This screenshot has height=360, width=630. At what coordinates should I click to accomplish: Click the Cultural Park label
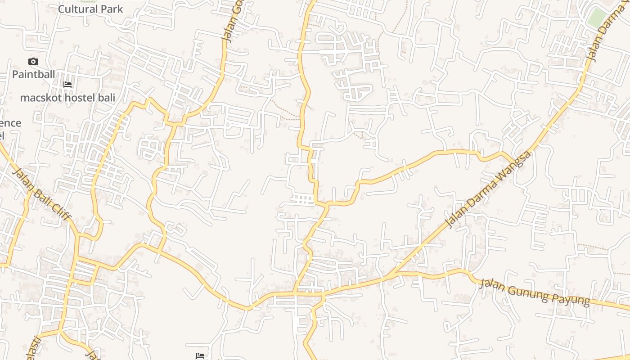pos(90,9)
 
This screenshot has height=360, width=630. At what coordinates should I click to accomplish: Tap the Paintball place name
pos(33,74)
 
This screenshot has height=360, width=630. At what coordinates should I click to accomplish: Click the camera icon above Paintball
pos(33,62)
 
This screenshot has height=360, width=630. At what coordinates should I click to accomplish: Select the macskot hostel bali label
pos(67,98)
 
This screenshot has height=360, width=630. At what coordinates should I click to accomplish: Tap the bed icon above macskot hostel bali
pos(67,85)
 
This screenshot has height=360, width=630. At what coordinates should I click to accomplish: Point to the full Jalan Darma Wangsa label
pos(488,189)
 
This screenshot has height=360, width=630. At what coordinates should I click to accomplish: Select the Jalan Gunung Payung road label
pos(534,292)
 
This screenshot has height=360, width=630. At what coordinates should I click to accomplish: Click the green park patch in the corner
pos(597,17)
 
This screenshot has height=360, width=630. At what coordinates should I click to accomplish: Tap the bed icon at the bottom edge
pos(201,356)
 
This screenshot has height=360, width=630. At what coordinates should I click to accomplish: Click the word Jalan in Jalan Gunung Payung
pos(490,284)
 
